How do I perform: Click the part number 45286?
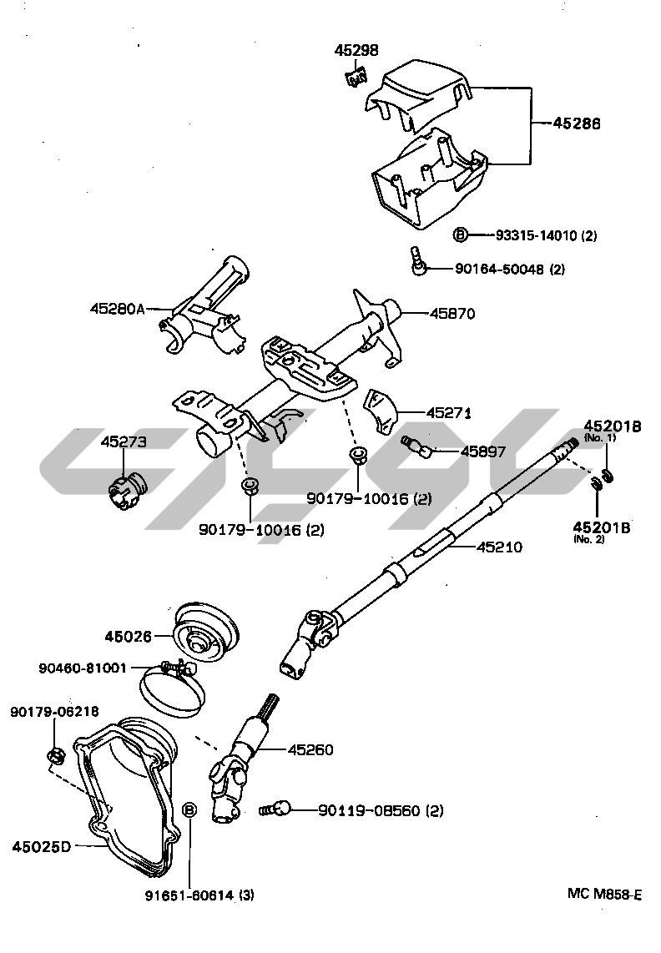(577, 124)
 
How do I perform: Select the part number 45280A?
(118, 309)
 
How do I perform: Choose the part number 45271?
(449, 412)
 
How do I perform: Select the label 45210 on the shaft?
(499, 547)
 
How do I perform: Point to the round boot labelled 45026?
(204, 635)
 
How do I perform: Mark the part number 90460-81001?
(83, 668)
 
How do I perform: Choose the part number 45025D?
(41, 847)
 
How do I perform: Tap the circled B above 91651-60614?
(189, 809)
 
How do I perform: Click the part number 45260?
(310, 750)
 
